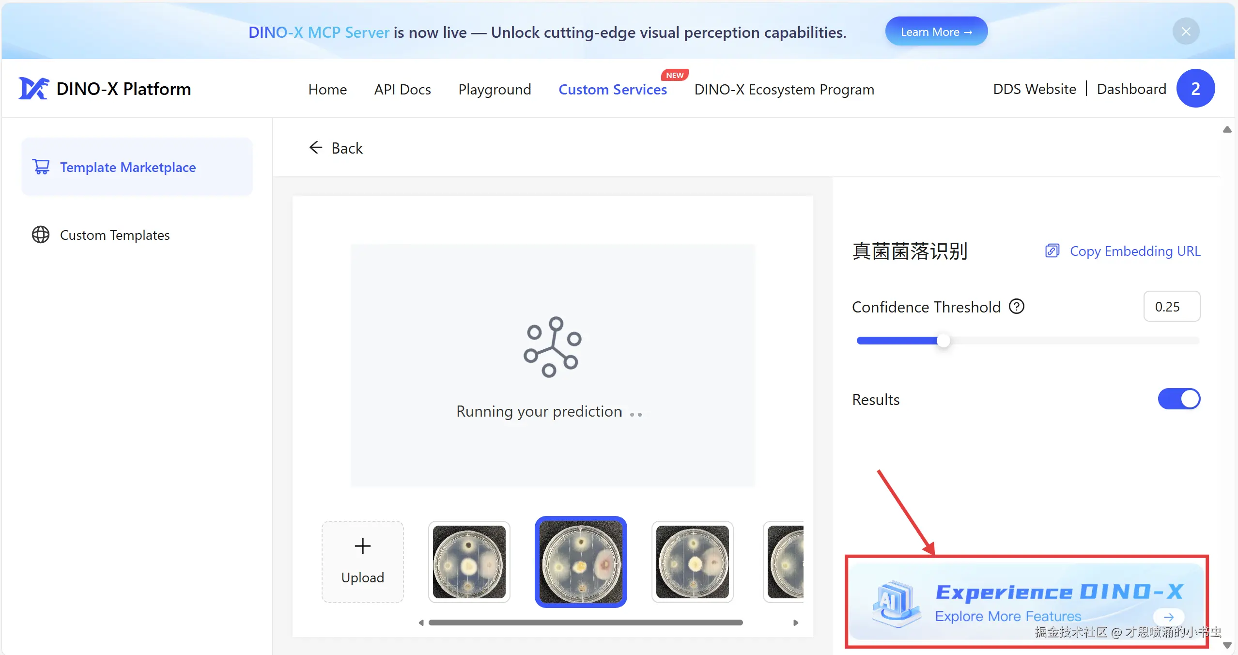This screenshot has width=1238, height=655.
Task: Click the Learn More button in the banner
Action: pyautogui.click(x=936, y=32)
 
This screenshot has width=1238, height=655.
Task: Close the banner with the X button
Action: pyautogui.click(x=1186, y=31)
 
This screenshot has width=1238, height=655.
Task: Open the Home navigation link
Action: pyautogui.click(x=327, y=90)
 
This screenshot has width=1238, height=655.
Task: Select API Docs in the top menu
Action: pyautogui.click(x=402, y=90)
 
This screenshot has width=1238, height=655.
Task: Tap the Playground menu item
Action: pyautogui.click(x=495, y=90)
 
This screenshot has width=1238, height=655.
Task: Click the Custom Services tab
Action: pyautogui.click(x=613, y=90)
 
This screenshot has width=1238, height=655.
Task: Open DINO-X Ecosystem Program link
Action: pyautogui.click(x=784, y=90)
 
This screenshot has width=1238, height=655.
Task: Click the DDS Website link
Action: pyautogui.click(x=1035, y=89)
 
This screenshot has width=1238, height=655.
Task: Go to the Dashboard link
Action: pyautogui.click(x=1131, y=89)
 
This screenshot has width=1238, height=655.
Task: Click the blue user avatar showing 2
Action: pyautogui.click(x=1195, y=88)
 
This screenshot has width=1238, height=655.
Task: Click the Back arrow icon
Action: pyautogui.click(x=316, y=147)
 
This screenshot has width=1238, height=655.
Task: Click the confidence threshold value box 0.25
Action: pyautogui.click(x=1172, y=306)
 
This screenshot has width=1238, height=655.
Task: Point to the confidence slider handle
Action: pyautogui.click(x=943, y=341)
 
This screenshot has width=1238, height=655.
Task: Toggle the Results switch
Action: pyautogui.click(x=1179, y=399)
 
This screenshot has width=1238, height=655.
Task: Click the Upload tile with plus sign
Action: pyautogui.click(x=363, y=562)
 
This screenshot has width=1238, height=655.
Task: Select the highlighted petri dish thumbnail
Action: pyautogui.click(x=581, y=562)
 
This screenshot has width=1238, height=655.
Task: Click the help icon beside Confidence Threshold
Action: pyautogui.click(x=1017, y=307)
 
